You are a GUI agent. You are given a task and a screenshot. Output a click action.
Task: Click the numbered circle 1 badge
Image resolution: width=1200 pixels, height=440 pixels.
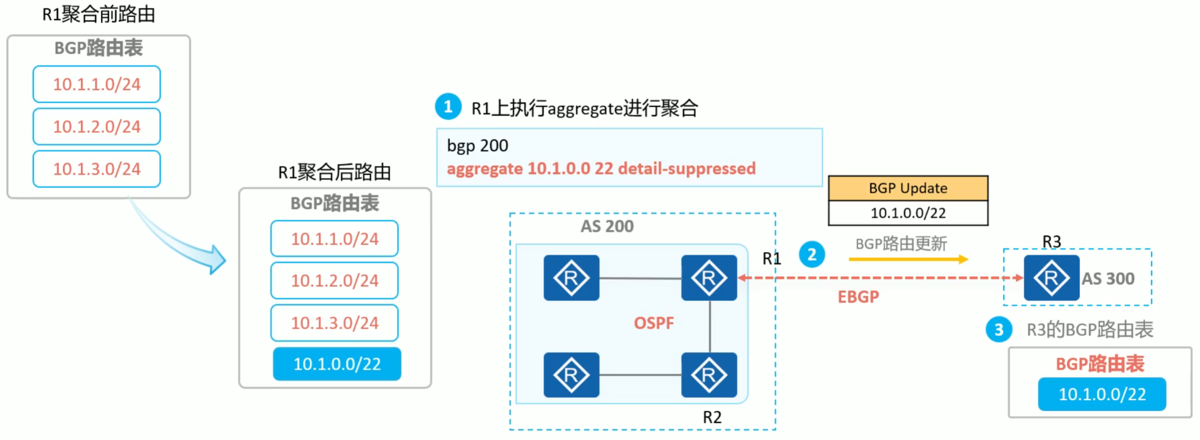tap(448, 106)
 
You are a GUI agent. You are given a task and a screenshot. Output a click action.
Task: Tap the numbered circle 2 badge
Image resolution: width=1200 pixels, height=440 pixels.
tap(812, 255)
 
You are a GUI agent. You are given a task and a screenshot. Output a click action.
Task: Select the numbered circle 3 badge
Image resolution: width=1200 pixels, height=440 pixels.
tap(999, 330)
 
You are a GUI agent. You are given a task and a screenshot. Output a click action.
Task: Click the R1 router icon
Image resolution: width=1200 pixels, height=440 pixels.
tap(709, 278)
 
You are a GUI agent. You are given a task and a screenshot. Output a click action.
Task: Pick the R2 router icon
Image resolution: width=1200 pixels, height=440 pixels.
tap(709, 375)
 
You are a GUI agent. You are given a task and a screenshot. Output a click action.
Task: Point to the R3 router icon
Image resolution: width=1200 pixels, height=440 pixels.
tap(1051, 278)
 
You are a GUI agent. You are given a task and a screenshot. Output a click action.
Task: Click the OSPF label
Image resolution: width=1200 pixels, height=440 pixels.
tap(653, 323)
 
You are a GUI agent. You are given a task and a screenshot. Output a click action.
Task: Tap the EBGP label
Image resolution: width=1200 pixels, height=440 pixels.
tap(858, 297)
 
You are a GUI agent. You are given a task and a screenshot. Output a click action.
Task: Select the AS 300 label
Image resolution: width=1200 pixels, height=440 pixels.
tap(1108, 279)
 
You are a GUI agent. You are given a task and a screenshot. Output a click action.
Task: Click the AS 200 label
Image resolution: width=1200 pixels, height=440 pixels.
tap(607, 226)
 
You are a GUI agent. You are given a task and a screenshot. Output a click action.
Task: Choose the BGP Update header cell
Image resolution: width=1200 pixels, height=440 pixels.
tap(907, 188)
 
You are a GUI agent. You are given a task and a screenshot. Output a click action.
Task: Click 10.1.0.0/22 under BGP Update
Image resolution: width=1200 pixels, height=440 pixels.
tap(907, 213)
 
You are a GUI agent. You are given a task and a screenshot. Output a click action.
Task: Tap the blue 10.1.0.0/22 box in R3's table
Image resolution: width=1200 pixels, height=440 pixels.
tap(1102, 394)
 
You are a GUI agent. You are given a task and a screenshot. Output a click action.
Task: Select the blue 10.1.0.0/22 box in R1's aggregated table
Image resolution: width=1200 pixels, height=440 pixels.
tap(337, 364)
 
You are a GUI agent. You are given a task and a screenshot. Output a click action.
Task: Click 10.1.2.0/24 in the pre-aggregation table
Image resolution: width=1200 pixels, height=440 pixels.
tap(97, 127)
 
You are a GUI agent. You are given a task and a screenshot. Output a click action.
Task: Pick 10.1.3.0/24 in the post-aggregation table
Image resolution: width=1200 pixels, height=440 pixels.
tap(334, 323)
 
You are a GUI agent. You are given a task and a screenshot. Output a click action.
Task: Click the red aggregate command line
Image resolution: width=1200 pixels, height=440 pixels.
tap(601, 168)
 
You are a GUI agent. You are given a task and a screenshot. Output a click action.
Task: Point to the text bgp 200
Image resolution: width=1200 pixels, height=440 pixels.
tap(477, 146)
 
